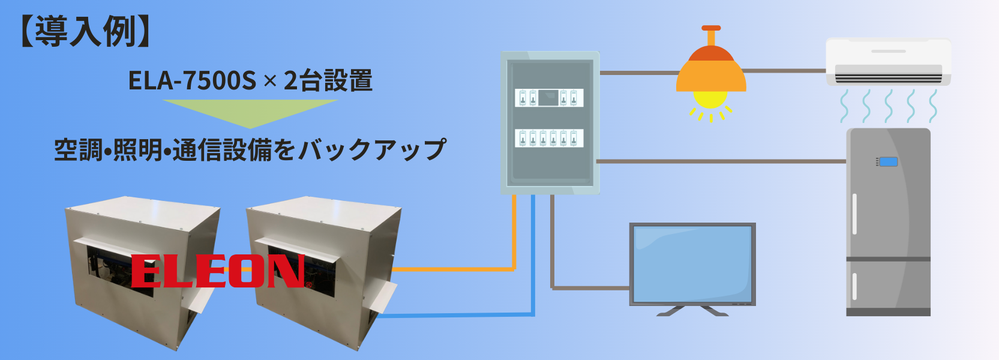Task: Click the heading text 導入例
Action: point(85,31)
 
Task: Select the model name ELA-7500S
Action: point(192,80)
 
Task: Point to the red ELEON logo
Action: point(218,271)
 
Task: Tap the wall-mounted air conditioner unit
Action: point(888,61)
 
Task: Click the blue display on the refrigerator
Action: point(888,161)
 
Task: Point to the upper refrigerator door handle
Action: point(854,214)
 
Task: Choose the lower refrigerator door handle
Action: point(854,286)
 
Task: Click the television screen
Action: point(692,263)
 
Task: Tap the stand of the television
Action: point(692,311)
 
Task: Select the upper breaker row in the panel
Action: point(549,97)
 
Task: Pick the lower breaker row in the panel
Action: point(549,138)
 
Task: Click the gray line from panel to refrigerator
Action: point(720,161)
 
